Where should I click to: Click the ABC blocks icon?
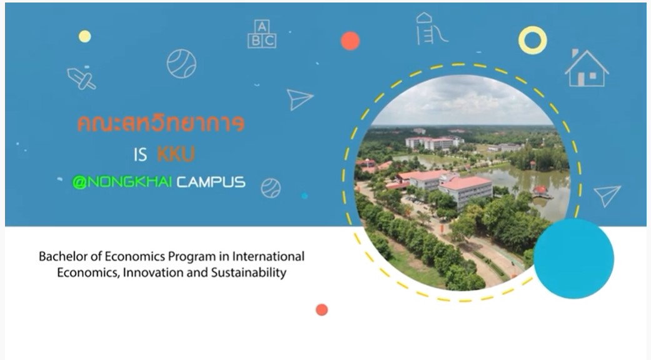point(262,34)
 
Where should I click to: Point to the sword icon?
point(81,78)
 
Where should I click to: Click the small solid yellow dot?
point(84,36)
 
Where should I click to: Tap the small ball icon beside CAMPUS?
point(271,188)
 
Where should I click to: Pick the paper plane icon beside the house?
point(607,196)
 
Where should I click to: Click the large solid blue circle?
point(573,259)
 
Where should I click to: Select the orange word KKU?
point(176,154)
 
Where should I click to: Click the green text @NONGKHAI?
point(122,182)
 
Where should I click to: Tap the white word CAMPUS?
point(211,182)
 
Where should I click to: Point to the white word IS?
point(140,155)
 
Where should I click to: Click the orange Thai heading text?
point(161,124)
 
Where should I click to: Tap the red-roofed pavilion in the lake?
point(539,191)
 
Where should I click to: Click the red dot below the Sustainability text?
point(322,310)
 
